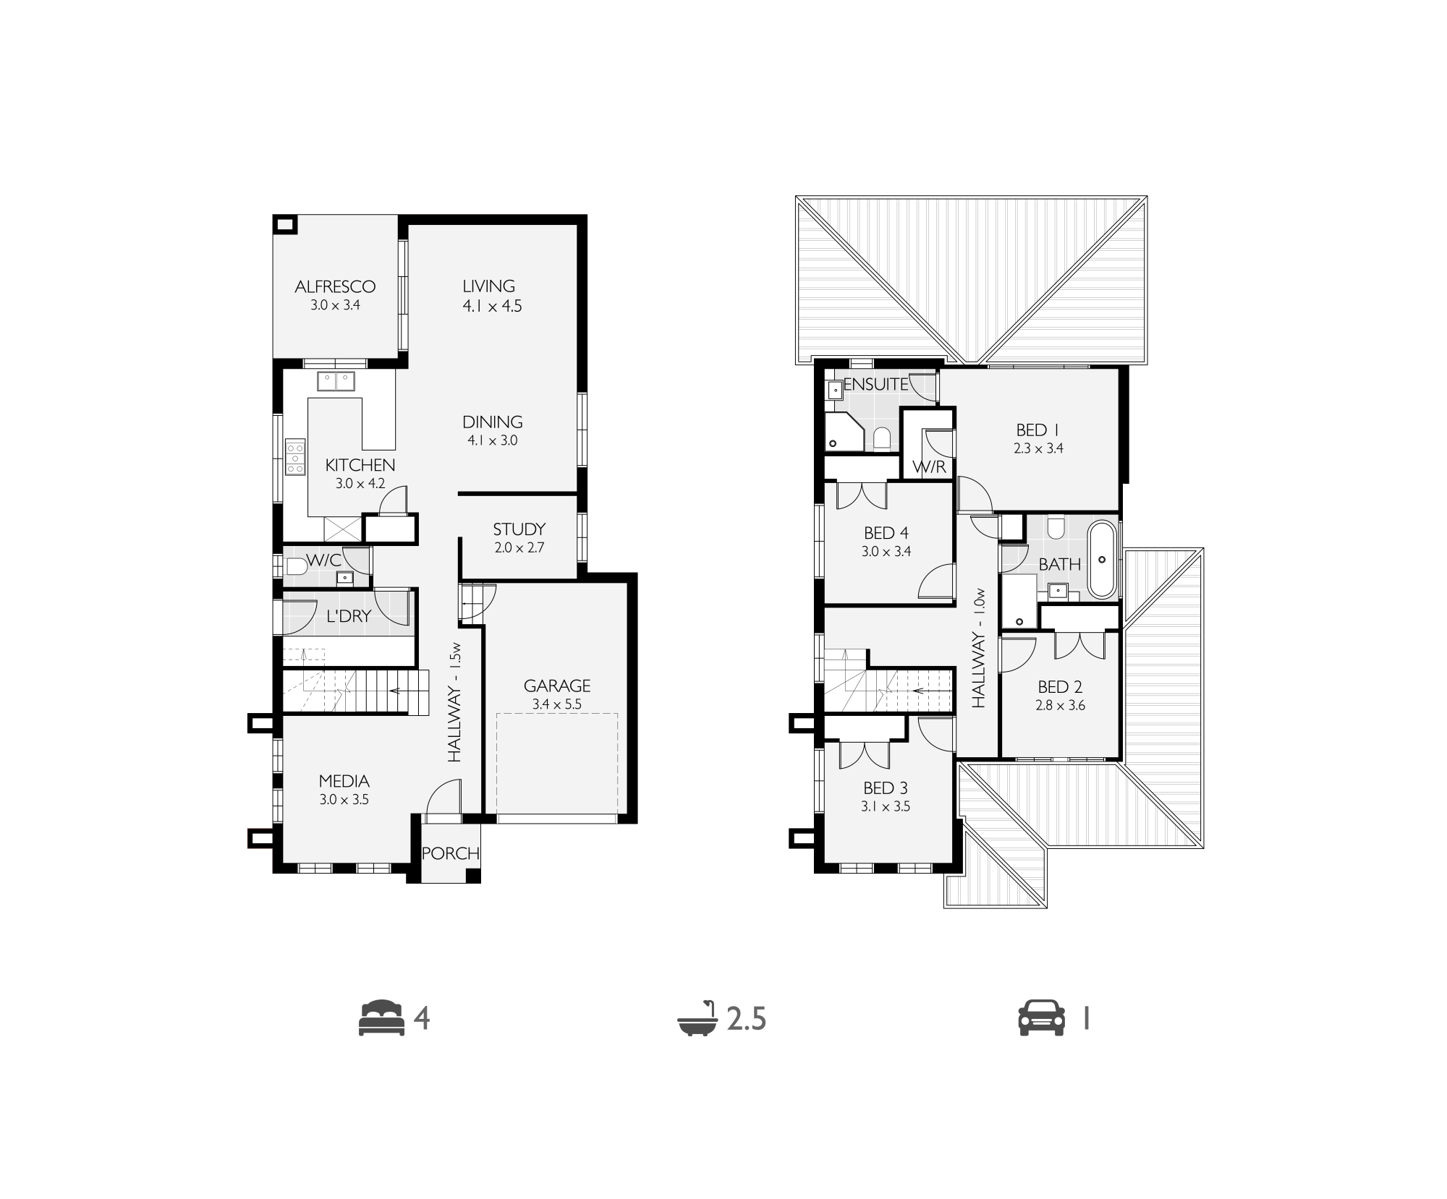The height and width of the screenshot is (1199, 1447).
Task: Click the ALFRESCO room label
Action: pyautogui.click(x=335, y=286)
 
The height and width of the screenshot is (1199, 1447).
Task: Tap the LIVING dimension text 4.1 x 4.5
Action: pyautogui.click(x=492, y=306)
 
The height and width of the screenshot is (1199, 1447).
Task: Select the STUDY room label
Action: pyautogui.click(x=519, y=529)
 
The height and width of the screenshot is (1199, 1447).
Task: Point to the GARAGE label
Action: pyautogui.click(x=557, y=686)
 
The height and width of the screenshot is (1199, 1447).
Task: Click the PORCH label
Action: pyautogui.click(x=451, y=853)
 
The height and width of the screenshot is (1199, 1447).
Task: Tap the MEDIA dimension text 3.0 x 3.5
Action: pyautogui.click(x=344, y=800)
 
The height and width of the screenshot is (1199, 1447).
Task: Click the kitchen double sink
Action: pyautogui.click(x=336, y=381)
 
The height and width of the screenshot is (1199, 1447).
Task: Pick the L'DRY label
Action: pyautogui.click(x=349, y=616)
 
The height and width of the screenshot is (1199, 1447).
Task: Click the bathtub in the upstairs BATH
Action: pyautogui.click(x=1102, y=558)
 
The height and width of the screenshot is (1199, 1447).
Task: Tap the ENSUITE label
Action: pyautogui.click(x=876, y=384)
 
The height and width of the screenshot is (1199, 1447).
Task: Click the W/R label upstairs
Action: pyautogui.click(x=930, y=466)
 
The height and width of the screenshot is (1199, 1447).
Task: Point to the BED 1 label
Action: pyautogui.click(x=1038, y=430)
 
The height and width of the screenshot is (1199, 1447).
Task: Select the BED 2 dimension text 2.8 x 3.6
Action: pyautogui.click(x=1060, y=705)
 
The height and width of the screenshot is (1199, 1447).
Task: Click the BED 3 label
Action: pyautogui.click(x=886, y=788)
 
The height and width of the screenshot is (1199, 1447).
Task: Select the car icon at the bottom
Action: pyautogui.click(x=1042, y=1018)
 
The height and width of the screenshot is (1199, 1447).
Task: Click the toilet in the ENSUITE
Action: pyautogui.click(x=881, y=438)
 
